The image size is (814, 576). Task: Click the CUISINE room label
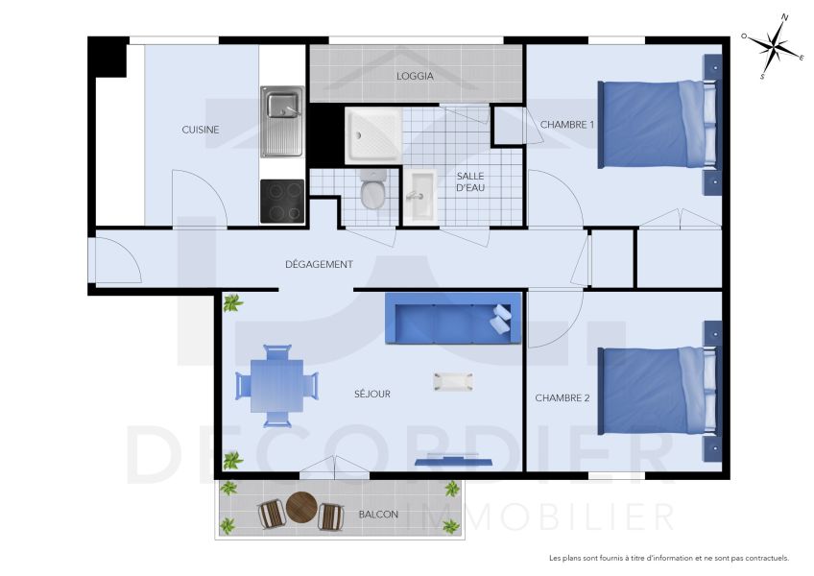pos(201,130)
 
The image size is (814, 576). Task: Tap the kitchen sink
pos(281,121)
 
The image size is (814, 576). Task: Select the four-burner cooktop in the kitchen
pos(282,202)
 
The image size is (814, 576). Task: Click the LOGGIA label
pos(415,76)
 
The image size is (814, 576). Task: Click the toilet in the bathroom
pos(372,189)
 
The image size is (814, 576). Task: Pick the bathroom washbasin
pos(418,196)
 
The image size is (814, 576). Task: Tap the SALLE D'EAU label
pos(470,181)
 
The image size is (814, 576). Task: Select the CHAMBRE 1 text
pos(567,125)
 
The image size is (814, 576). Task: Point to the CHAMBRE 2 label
pos(563,397)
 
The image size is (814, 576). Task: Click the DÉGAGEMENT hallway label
pos(320,264)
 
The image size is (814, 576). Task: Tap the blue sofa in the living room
pos(452,319)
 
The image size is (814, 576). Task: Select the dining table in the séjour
pos(276,385)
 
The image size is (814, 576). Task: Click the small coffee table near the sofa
pos(453,381)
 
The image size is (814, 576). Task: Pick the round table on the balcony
pos(301,507)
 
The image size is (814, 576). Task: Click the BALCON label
pos(378,515)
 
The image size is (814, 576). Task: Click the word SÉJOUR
pos(372,394)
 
